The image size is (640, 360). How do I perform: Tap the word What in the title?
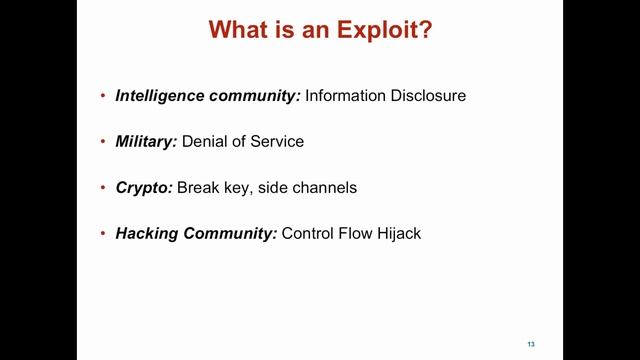[x=240, y=31]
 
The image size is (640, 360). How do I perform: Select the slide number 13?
[x=531, y=344]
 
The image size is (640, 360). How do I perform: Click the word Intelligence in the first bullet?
[x=160, y=96]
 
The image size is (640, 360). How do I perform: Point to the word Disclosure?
[x=430, y=96]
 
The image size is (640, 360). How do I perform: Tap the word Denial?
[x=204, y=141]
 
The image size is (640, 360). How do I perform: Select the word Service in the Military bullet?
[x=277, y=141]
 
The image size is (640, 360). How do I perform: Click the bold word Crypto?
[x=144, y=187]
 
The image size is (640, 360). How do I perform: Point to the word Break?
[x=200, y=187]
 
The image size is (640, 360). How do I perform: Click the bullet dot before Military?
[x=104, y=142]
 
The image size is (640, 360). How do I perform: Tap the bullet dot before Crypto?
[x=104, y=188]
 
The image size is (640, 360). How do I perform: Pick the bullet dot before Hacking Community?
[x=104, y=234]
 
